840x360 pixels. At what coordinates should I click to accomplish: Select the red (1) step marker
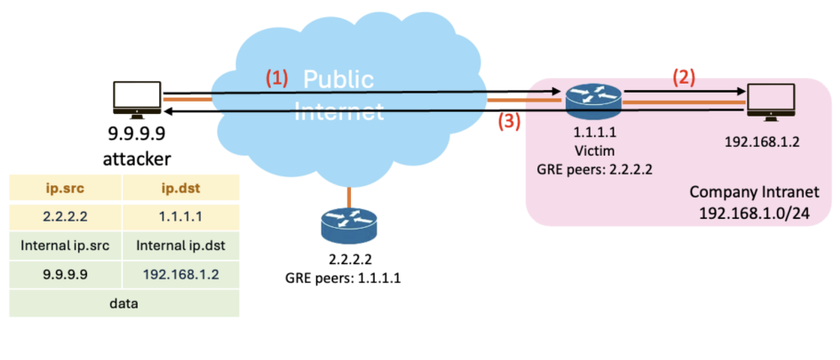point(276,78)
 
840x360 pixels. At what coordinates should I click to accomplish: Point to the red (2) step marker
point(685,78)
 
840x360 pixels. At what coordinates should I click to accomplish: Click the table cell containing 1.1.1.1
point(181,216)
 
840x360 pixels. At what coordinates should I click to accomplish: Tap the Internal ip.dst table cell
point(181,244)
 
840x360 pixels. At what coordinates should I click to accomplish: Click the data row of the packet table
point(124,303)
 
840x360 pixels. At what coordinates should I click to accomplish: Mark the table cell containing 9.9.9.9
point(66,274)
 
